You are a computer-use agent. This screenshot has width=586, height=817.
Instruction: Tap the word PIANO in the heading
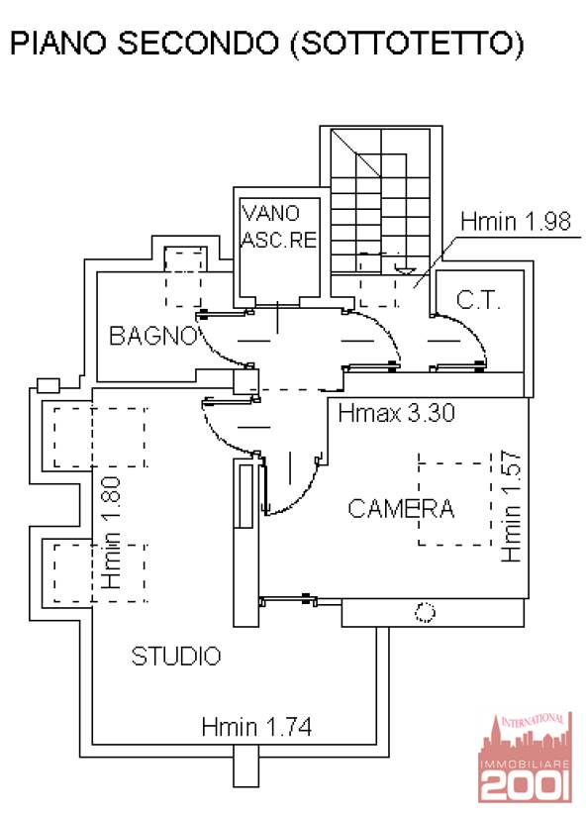[57, 43]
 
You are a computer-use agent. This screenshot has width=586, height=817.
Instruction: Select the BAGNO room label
[152, 336]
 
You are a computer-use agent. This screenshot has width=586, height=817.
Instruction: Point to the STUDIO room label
[176, 656]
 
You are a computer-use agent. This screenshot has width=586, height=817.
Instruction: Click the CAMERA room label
[401, 509]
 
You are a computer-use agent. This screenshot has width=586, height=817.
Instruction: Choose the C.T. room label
[478, 300]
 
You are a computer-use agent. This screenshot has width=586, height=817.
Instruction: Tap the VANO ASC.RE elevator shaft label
[279, 226]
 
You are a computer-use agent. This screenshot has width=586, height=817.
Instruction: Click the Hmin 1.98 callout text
[516, 222]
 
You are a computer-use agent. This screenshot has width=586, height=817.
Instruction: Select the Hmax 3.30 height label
[396, 413]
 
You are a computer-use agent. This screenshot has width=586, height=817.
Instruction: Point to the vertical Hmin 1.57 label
[511, 506]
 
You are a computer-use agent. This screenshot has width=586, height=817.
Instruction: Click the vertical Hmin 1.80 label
[111, 533]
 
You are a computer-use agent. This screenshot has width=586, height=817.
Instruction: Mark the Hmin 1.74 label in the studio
[256, 726]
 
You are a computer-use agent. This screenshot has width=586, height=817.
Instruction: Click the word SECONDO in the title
[198, 43]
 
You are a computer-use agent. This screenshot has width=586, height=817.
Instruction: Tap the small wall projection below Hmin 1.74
[245, 766]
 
